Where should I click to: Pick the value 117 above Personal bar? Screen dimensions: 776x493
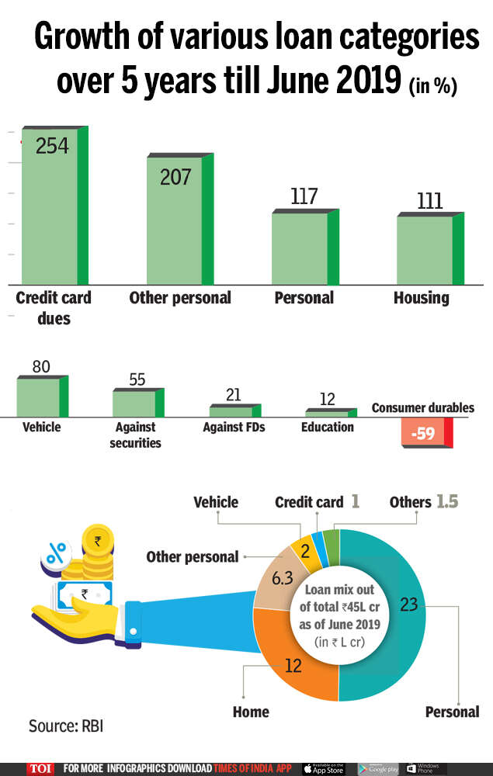click(x=304, y=196)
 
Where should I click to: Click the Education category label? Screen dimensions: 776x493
click(x=328, y=428)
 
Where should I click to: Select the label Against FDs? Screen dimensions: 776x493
click(x=234, y=428)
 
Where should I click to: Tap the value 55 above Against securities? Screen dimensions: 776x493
click(x=137, y=379)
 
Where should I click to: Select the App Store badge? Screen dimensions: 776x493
click(x=323, y=768)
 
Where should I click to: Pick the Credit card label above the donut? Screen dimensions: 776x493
click(x=309, y=502)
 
